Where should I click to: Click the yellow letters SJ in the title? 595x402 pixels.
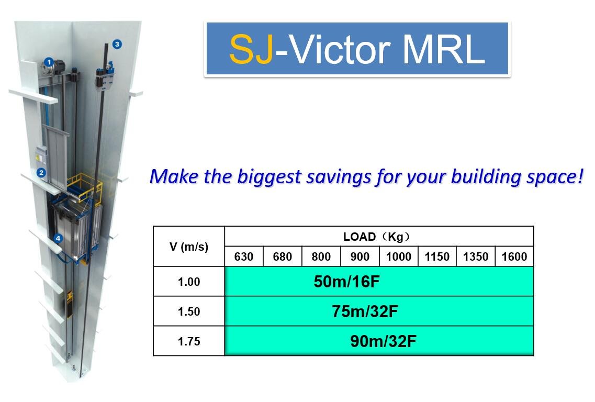pos(251,49)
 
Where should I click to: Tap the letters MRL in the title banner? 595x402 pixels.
pos(443,49)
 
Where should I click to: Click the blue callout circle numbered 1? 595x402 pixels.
pos(49,62)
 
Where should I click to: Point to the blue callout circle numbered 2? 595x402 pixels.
pos(41,173)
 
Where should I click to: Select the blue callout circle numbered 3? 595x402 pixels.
pos(117,44)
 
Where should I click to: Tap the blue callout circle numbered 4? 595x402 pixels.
pos(58,238)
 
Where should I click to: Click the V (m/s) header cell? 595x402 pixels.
pos(189,247)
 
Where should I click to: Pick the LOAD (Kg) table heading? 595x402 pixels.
pos(376,237)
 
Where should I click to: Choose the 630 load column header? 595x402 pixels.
pos(244,257)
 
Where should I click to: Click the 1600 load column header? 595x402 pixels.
pos(514,257)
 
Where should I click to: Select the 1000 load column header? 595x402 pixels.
pos(398,257)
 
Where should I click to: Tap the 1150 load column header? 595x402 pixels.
pos(437,257)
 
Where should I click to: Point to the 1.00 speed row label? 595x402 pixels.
pos(189,282)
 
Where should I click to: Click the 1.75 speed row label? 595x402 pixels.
pos(189,341)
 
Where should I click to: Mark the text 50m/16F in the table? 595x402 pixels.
pos(347,282)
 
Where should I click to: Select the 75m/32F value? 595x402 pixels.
pos(365,311)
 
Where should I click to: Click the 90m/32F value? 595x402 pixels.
pos(383,341)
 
